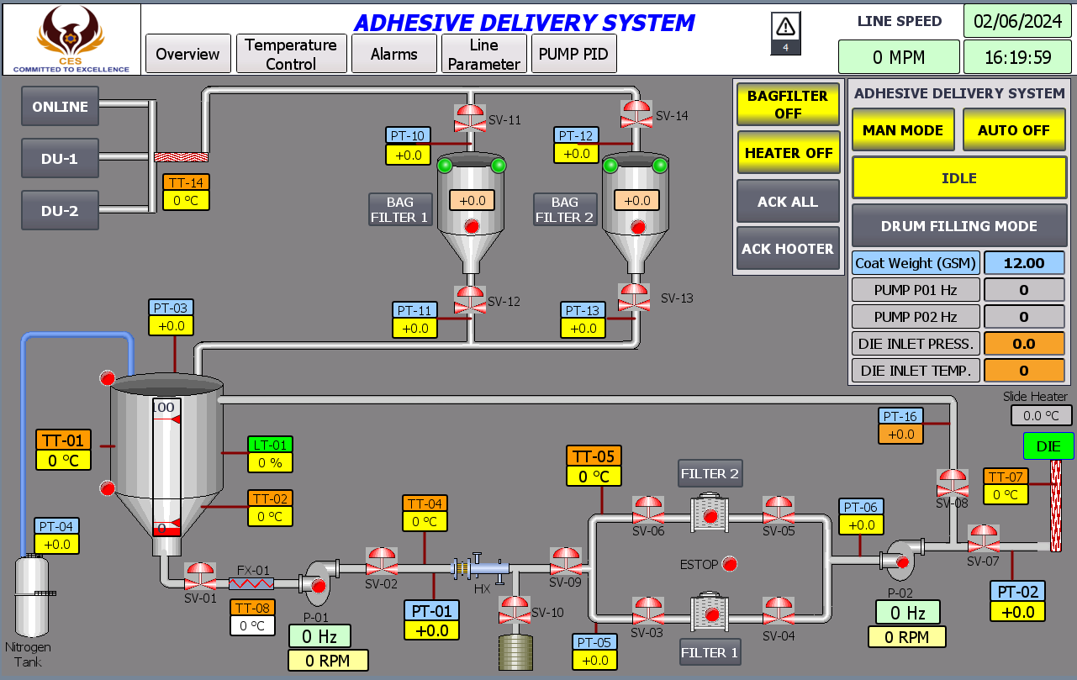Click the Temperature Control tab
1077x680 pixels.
pos(291,54)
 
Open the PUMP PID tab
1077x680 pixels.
pos(573,54)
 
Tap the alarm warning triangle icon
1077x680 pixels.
pos(785,27)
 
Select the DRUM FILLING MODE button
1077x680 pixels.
pos(958,226)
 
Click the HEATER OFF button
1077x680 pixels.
pos(789,153)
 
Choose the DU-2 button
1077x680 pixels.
pos(60,210)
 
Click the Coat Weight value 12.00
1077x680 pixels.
pos(1024,263)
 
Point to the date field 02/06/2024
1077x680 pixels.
pos(1017,21)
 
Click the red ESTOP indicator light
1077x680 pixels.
pos(730,564)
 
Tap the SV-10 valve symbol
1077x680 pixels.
pos(515,610)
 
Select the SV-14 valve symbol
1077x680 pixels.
pos(636,114)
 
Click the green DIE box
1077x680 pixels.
pos(1048,446)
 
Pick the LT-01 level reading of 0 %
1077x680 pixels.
pos(270,463)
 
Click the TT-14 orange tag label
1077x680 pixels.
pos(186,182)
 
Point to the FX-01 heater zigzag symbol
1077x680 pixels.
pos(251,584)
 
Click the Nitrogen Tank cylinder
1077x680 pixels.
pos(32,595)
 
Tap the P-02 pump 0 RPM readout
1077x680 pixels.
pos(907,637)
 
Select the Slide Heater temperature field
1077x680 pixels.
pos(1041,416)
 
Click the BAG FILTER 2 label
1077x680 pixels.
pos(564,209)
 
